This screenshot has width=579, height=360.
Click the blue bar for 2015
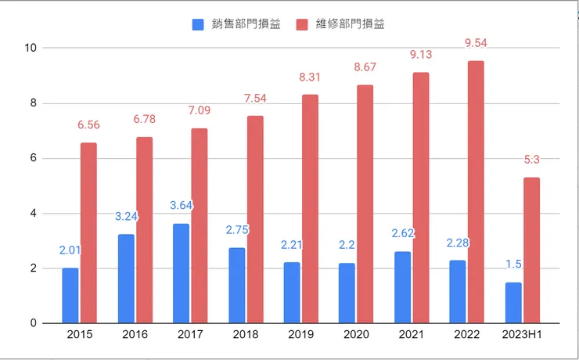(x=70, y=295)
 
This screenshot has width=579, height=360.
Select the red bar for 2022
(x=476, y=192)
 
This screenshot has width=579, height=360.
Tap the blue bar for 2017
(x=181, y=273)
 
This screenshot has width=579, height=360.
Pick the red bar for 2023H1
(x=531, y=250)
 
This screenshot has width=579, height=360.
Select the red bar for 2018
(x=255, y=219)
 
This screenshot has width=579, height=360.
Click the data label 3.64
(x=182, y=206)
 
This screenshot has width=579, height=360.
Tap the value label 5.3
(x=532, y=160)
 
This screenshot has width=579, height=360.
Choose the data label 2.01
(x=71, y=250)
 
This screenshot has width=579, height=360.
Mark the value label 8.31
(x=311, y=77)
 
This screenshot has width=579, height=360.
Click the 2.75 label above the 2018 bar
(x=237, y=230)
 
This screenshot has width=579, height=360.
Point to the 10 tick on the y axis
(x=31, y=48)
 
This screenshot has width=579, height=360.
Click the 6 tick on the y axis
(x=34, y=158)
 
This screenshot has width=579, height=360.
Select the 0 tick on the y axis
(x=34, y=323)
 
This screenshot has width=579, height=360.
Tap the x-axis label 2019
(x=301, y=334)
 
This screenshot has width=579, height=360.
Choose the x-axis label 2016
(x=135, y=334)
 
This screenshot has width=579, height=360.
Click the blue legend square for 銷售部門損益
(x=199, y=24)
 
